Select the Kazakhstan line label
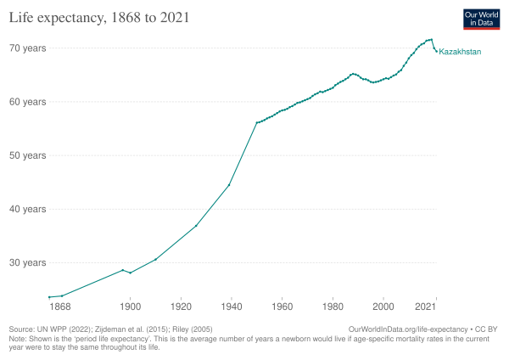pos(460,52)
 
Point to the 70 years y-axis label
pos(28,48)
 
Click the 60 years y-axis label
pos(28,102)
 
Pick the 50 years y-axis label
pos(28,155)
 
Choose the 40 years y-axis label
pos(28,209)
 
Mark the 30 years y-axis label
pos(28,262)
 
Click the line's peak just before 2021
pos(431,40)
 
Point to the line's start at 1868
pos(49,297)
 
